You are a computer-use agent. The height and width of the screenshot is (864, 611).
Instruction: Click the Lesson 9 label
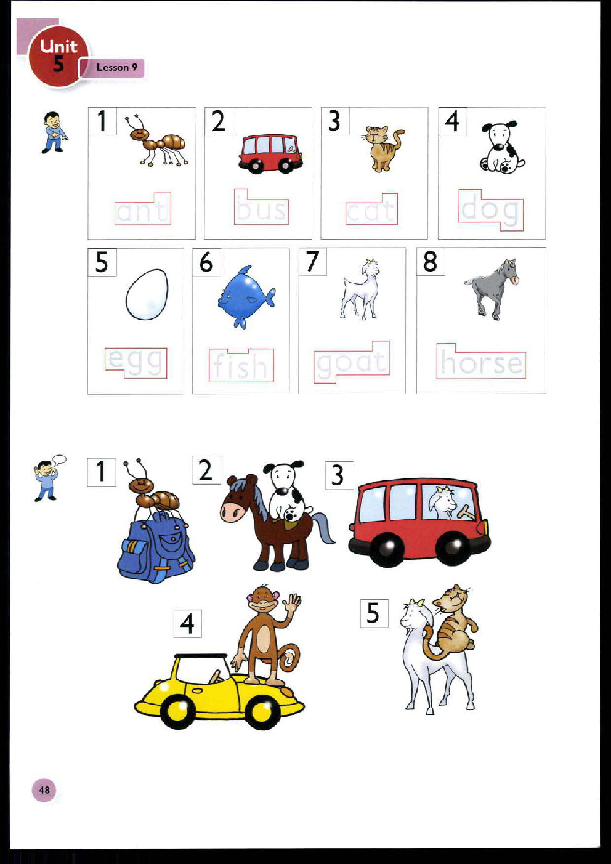click(x=116, y=68)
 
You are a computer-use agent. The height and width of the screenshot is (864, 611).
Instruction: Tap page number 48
click(x=44, y=790)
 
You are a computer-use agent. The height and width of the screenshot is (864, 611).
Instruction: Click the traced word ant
click(x=142, y=211)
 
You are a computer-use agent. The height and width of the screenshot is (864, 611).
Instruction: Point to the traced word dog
click(x=491, y=210)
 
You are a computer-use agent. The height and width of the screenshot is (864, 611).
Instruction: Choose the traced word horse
click(x=482, y=362)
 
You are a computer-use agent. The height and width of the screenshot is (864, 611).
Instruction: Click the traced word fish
click(x=241, y=366)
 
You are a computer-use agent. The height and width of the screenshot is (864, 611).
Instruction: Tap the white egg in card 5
click(x=147, y=294)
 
